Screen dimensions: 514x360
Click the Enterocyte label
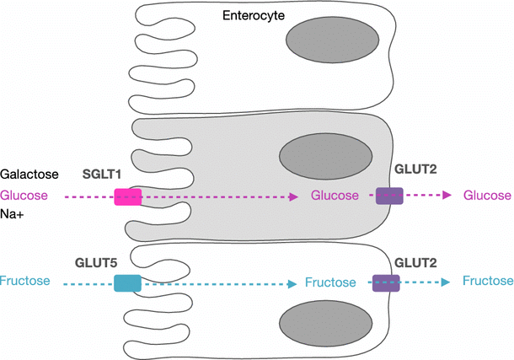254,16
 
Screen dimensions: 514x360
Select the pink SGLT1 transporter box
128,196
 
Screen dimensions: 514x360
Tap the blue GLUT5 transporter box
127,283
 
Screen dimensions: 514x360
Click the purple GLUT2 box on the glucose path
389,196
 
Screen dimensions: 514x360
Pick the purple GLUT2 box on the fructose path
386,283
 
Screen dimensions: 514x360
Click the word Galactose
29,174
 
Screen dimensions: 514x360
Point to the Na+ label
12,214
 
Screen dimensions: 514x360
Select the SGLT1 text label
102,174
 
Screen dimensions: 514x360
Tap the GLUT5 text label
96,263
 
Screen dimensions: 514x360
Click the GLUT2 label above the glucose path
415,169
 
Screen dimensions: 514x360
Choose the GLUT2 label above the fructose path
415,263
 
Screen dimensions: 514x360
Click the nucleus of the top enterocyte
332,40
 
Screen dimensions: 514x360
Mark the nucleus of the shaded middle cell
325,156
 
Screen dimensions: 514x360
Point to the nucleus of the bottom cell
325,323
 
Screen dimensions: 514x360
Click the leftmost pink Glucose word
24,196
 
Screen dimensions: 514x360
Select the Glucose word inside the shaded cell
335,196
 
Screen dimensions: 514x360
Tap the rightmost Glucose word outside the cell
487,196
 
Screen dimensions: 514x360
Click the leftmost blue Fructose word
25,281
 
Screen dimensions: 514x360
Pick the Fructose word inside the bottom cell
330,282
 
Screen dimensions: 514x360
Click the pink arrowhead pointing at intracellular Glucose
293,196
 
